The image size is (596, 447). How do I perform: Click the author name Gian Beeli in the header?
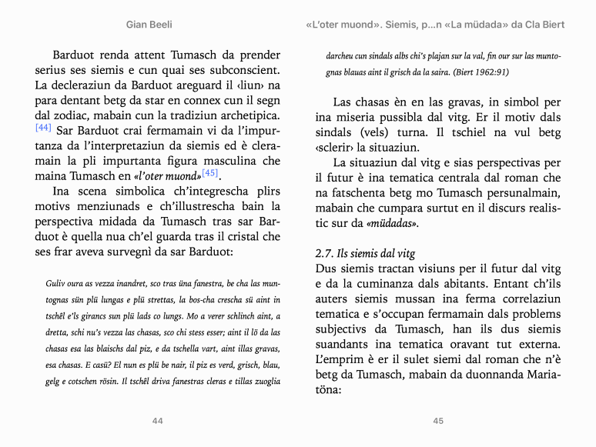149,25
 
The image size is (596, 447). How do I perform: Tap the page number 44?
158,421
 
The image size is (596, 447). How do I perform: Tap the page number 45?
438,421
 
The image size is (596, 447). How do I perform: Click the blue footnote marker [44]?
43,127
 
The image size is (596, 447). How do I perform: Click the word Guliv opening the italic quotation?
57,283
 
